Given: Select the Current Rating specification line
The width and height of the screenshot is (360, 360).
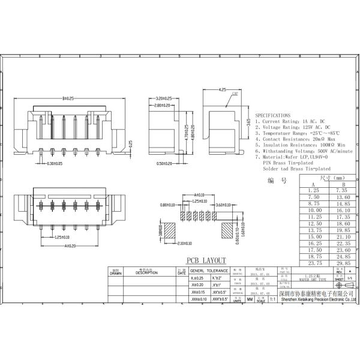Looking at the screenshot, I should [x=290, y=121].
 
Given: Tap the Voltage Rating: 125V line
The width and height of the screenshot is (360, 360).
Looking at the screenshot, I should [x=292, y=127].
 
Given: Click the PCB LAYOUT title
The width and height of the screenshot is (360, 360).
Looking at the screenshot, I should [x=205, y=260].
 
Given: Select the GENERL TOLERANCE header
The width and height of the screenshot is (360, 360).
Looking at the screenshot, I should [x=205, y=272].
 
